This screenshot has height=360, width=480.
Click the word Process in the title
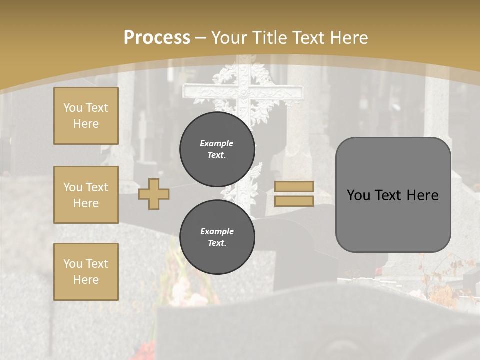coord(157,38)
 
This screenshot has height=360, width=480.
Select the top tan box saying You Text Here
coord(86,116)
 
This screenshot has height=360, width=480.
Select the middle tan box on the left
coord(86,195)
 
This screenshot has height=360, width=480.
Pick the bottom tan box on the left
coord(86,272)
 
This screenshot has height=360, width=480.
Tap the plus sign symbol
coord(154,194)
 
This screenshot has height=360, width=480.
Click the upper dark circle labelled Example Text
coord(217,149)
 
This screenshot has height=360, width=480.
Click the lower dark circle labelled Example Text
coord(217,237)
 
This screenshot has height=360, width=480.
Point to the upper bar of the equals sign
coord(294,186)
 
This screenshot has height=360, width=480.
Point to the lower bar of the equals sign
coord(294,201)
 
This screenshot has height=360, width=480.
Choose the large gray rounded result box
coord(393,195)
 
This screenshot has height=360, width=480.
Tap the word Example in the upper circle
coord(216,143)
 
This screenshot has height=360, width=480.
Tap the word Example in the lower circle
coord(217,231)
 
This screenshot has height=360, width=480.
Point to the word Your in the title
coord(229,38)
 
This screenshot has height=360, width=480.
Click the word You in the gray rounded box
coord(358,195)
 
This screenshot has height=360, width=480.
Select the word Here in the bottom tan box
coord(86,280)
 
